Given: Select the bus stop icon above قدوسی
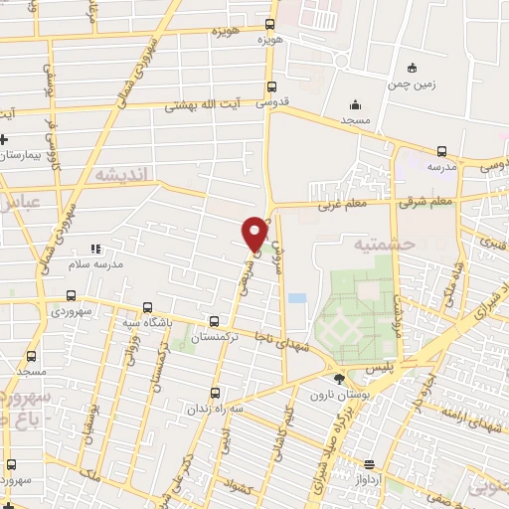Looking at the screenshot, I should [271, 85].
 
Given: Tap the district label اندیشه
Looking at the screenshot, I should [122, 174].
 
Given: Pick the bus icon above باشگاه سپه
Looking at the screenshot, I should [147, 307].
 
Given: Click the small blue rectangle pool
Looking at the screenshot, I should [296, 297].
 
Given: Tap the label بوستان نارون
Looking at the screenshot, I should [339, 395].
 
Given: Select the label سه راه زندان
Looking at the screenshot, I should [216, 409].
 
